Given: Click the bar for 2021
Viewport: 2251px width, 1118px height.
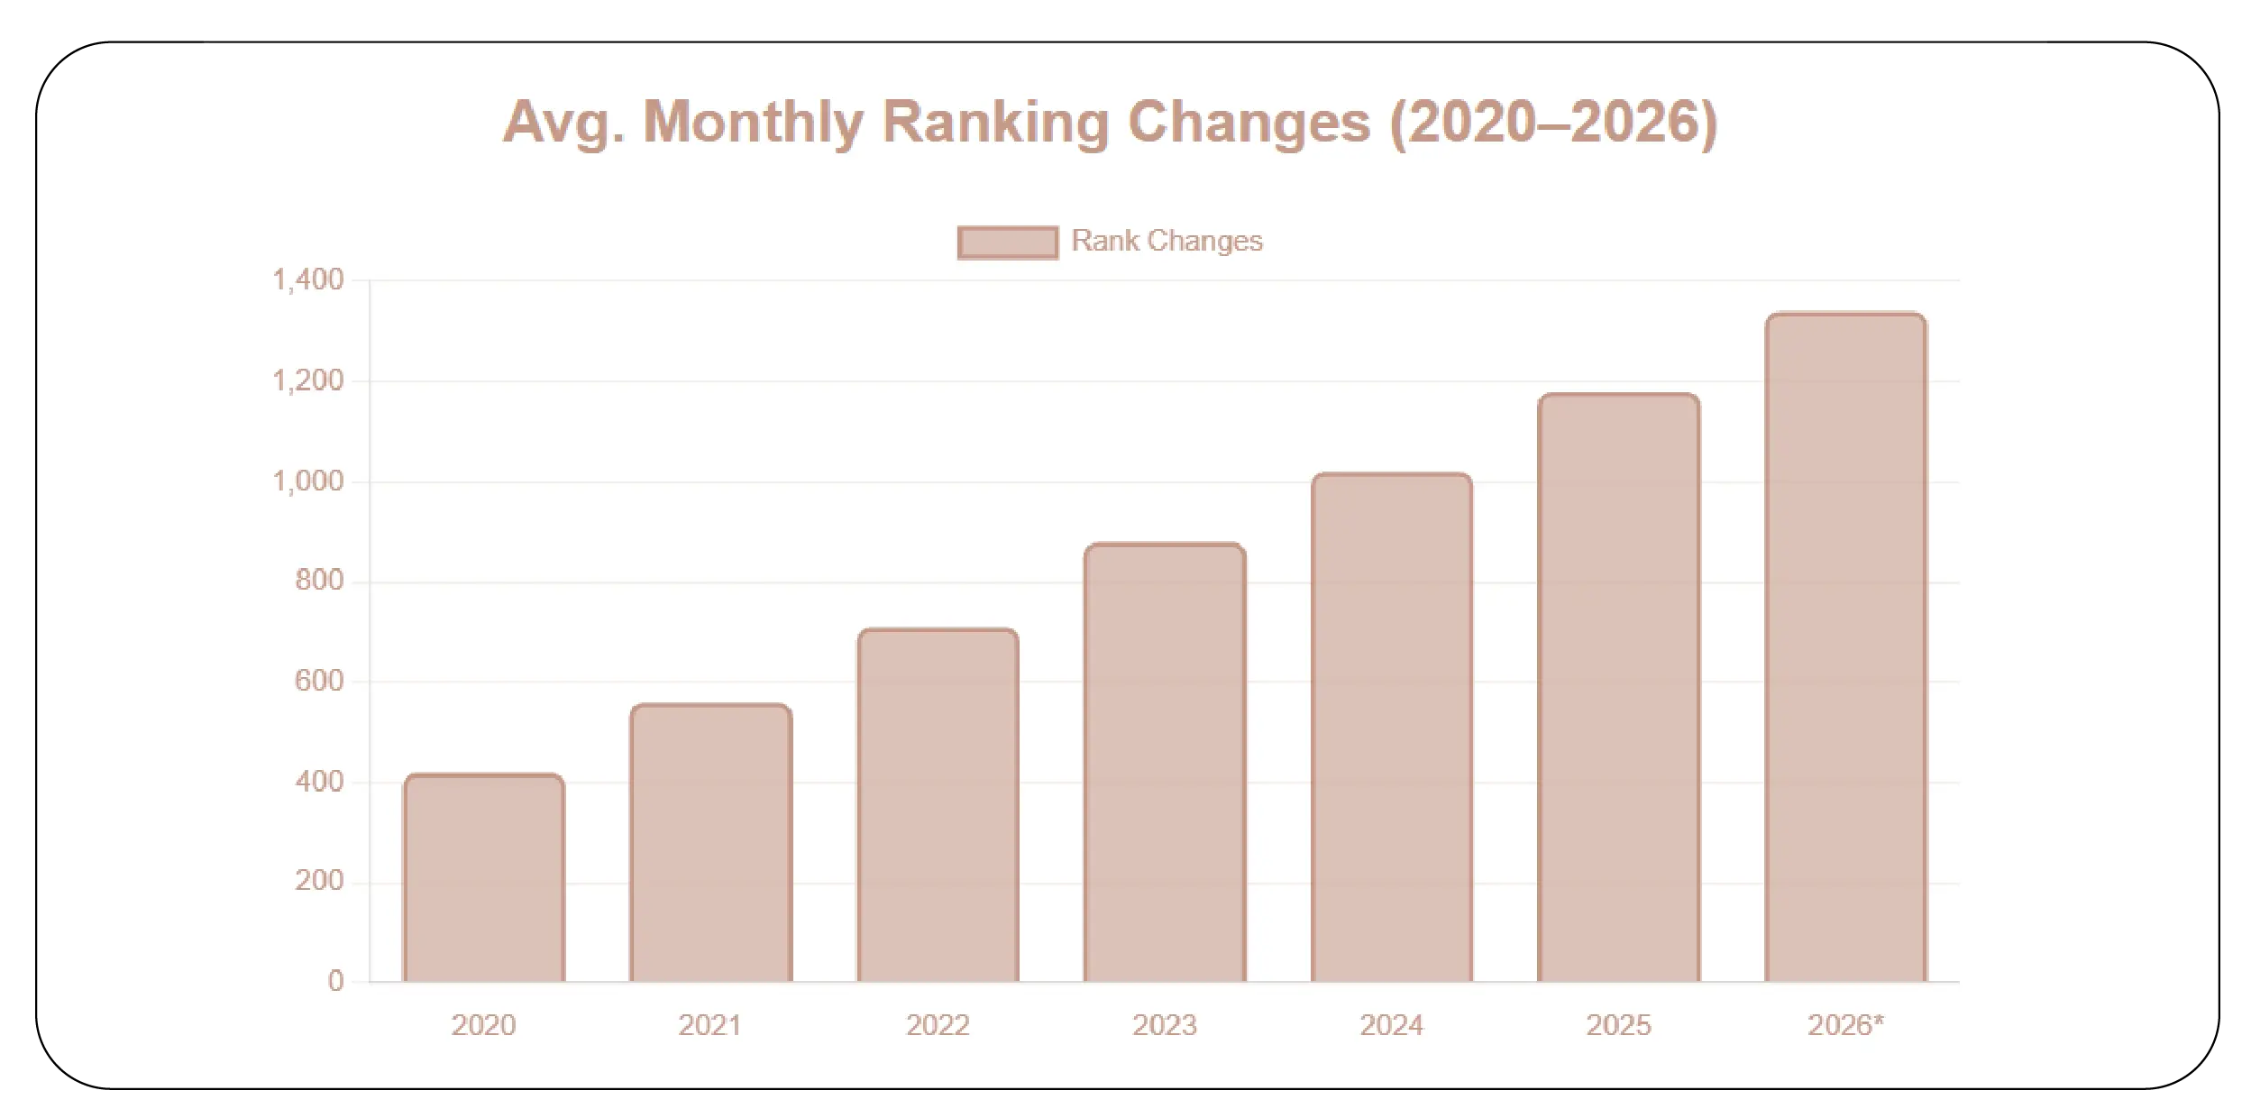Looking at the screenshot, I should tap(711, 843).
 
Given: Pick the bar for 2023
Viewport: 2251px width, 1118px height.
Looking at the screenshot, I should tap(1165, 763).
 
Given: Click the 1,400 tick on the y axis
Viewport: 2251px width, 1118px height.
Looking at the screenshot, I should tap(308, 280).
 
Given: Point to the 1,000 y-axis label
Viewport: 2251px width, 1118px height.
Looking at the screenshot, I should tap(308, 481).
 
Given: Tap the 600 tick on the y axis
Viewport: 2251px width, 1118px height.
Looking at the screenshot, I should tap(319, 682).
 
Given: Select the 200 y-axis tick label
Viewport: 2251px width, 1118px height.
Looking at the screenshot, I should tap(319, 881).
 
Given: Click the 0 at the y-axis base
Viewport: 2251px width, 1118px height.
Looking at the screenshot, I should tap(335, 981).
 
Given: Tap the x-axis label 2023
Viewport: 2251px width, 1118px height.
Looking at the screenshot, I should tap(1165, 1025).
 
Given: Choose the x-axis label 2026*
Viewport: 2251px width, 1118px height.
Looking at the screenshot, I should tap(1845, 1025).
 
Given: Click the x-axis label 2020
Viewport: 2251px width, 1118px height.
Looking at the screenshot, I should tap(484, 1025).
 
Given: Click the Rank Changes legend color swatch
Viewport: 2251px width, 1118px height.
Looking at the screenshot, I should tap(1007, 242).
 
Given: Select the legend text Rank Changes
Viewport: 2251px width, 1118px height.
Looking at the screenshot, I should tap(1167, 241).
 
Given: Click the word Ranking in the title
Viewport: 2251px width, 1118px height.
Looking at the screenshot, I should tap(996, 122).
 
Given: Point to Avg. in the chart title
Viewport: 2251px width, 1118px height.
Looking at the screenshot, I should tap(563, 122).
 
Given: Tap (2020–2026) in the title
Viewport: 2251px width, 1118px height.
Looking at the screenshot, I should tap(1554, 122).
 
